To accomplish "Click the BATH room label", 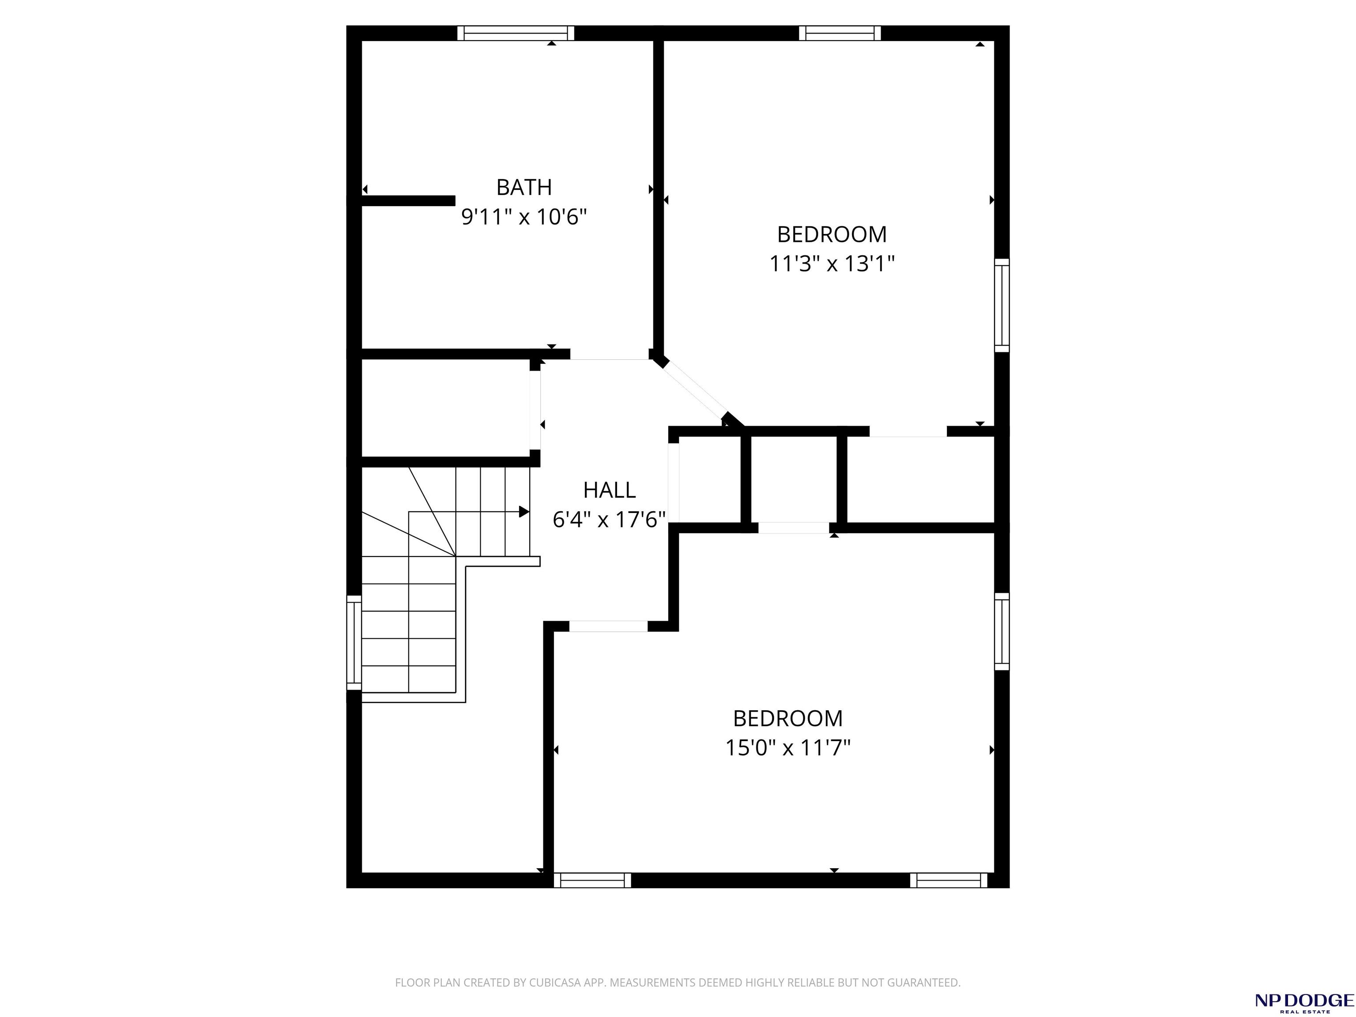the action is (524, 187).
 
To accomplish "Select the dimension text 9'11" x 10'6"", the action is (524, 217).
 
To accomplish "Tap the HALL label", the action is (609, 490).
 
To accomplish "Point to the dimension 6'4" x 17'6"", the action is (609, 520).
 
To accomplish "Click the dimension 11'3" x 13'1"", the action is (832, 264).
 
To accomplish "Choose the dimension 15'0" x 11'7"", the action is (788, 748).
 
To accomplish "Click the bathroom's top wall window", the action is (516, 33).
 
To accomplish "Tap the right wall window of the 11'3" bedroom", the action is (1002, 305).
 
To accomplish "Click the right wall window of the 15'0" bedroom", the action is (1002, 631).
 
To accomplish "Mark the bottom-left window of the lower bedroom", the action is (592, 880).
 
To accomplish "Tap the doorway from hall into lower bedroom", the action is (609, 626).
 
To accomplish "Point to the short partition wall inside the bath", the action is (408, 200).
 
